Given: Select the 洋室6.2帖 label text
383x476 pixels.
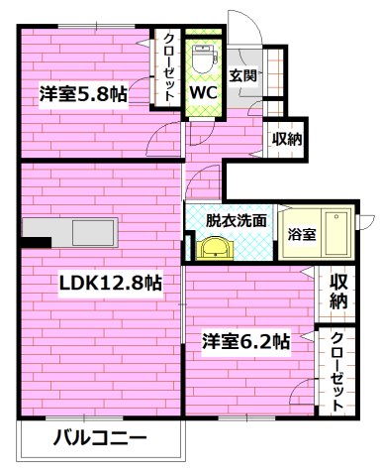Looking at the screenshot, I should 246,342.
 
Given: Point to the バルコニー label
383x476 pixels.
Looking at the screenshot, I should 99,437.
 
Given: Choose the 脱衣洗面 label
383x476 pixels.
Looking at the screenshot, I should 237,220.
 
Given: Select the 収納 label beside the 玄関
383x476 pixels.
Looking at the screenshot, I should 286,139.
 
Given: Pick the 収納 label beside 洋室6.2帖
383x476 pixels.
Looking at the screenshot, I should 338,291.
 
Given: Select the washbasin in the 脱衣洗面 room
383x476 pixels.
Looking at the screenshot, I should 213,247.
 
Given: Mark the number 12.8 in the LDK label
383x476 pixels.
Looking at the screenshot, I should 125,283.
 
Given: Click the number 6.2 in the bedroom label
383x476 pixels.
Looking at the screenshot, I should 262,342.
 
